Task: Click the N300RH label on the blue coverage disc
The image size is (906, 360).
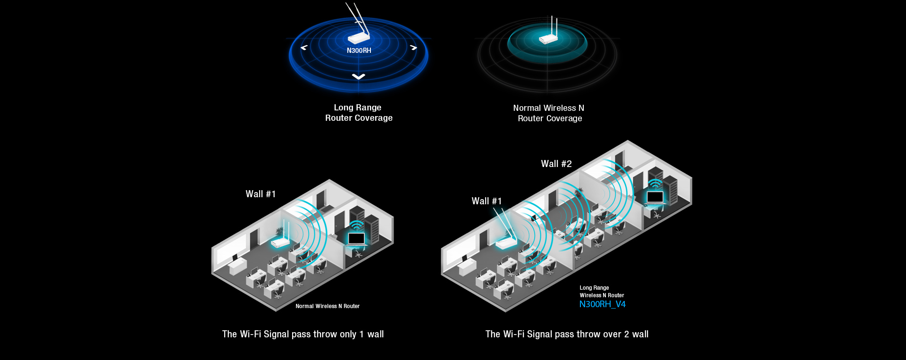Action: tap(359, 50)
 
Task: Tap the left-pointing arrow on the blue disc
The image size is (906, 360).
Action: tap(304, 47)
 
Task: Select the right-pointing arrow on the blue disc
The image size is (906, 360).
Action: tap(413, 47)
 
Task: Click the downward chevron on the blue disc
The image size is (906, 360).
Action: tap(359, 76)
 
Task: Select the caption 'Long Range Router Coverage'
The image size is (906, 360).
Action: tap(358, 113)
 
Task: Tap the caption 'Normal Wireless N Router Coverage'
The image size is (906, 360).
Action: tap(549, 113)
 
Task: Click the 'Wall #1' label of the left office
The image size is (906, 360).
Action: tap(260, 194)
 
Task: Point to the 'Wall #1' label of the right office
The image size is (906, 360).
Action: tap(487, 201)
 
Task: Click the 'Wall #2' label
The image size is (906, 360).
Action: tap(556, 164)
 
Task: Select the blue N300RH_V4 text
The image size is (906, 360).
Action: tap(602, 304)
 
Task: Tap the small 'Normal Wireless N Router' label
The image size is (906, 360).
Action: tap(327, 306)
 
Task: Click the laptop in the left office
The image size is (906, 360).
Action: tap(356, 239)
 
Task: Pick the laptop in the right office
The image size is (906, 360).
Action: tap(655, 197)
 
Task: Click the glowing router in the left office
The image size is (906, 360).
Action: tap(280, 242)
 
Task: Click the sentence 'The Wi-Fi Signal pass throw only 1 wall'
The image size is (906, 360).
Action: tap(303, 334)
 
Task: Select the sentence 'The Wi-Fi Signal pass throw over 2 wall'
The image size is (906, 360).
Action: tap(567, 334)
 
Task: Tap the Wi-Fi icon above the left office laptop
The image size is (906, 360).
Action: tap(357, 225)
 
